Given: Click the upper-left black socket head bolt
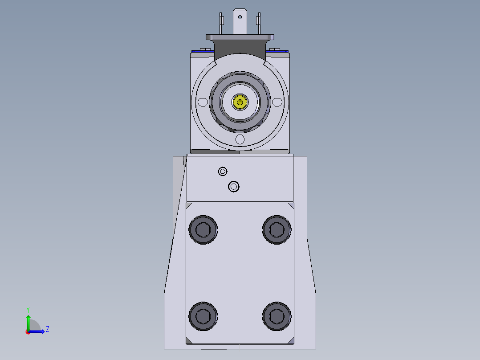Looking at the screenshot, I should [x=203, y=230].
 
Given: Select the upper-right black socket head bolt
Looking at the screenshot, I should [x=277, y=230].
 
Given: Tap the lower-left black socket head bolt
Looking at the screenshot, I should [x=203, y=316].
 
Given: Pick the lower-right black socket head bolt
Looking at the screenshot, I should [x=277, y=316].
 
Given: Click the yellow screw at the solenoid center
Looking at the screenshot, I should [x=240, y=102].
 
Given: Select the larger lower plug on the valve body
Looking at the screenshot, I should [x=234, y=186].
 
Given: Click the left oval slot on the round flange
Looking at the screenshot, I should [x=203, y=102].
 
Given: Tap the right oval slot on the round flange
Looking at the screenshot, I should [x=277, y=102].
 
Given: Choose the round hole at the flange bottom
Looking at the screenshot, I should [x=240, y=139].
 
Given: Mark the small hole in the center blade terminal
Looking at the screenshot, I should [x=240, y=17].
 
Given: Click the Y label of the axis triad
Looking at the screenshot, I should [x=28, y=309].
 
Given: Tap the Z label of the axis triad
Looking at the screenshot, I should [x=47, y=329].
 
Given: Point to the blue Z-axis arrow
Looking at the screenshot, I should [x=38, y=331].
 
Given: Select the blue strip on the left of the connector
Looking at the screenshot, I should [x=202, y=51].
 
